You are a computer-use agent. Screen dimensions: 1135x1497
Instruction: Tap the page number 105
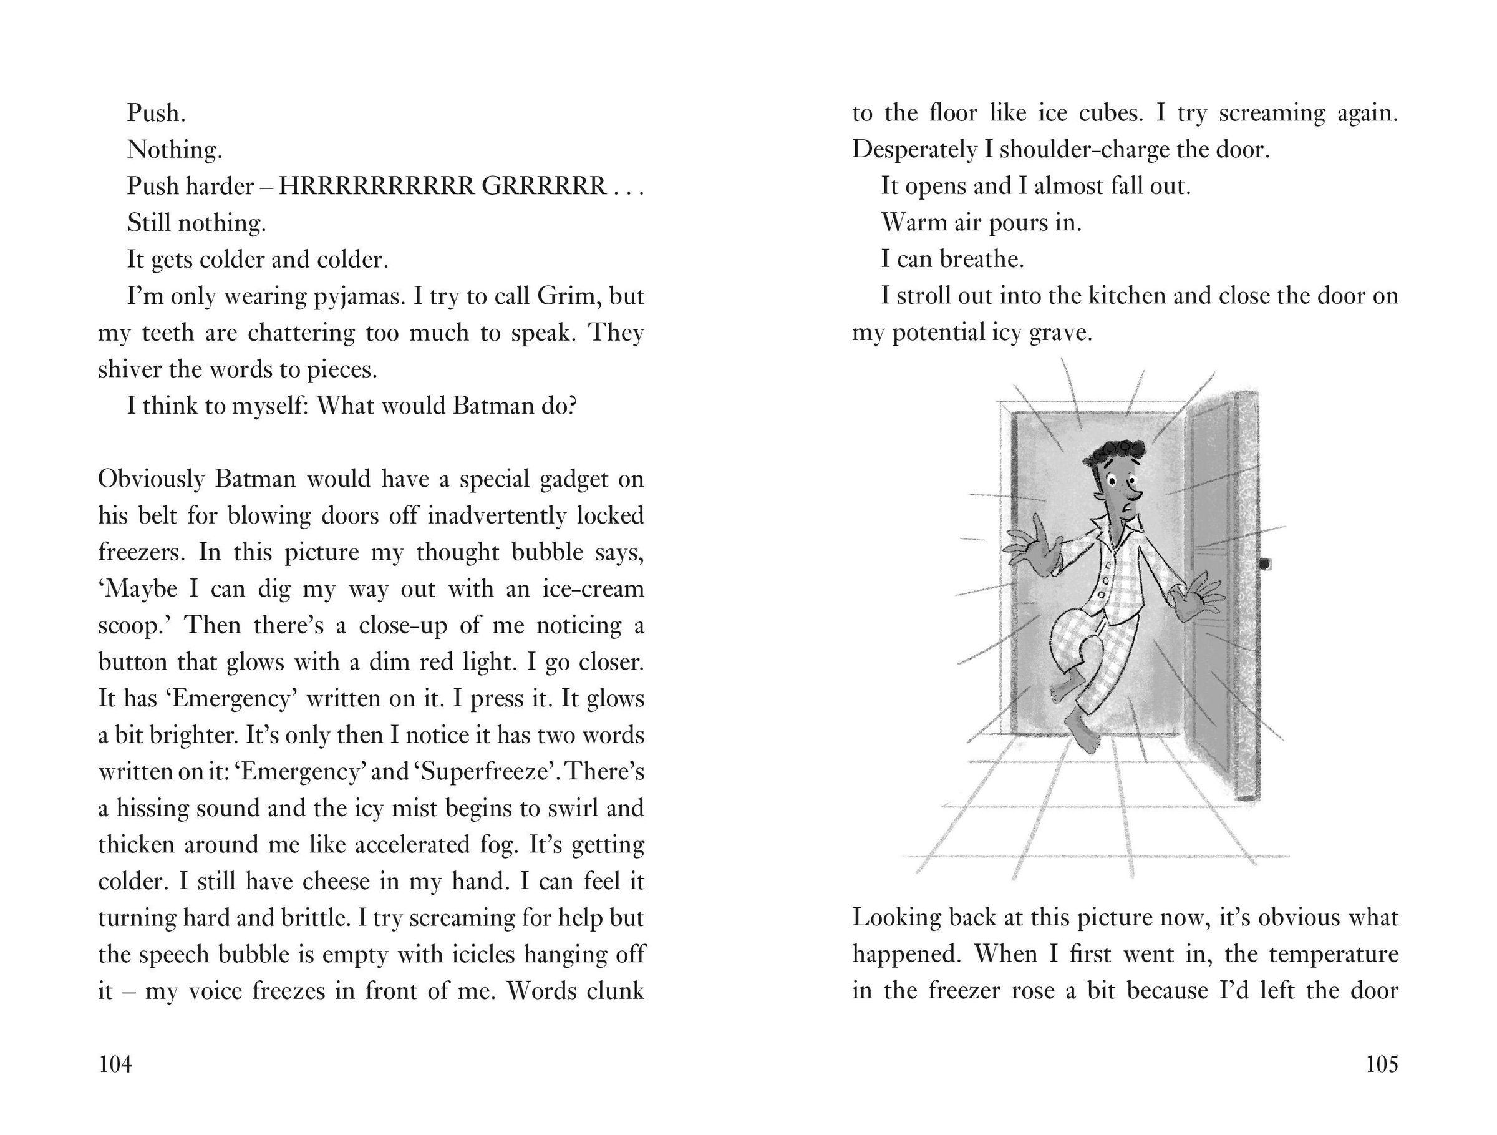point(1381,1064)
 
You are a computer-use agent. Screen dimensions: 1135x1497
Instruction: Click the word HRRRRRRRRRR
point(376,186)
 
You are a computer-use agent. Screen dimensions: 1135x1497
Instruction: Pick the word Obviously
point(150,479)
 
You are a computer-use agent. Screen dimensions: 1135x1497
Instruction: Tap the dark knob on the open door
point(1264,563)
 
